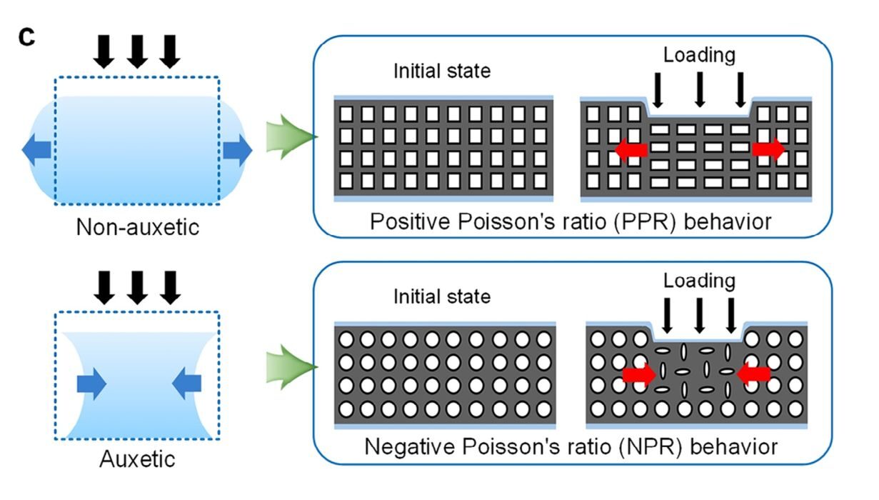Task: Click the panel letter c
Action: [x=26, y=37]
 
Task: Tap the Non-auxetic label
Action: [x=137, y=228]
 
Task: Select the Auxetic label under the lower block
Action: [x=137, y=458]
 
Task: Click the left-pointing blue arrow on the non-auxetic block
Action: [x=37, y=150]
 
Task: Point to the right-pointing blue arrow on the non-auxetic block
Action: [x=238, y=150]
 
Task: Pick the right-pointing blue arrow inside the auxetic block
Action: [x=91, y=385]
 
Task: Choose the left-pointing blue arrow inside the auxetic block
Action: [x=188, y=385]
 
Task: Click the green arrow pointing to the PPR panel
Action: [x=289, y=136]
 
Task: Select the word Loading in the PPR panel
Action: [x=699, y=56]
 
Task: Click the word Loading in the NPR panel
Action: [x=699, y=281]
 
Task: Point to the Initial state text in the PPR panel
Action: [x=442, y=71]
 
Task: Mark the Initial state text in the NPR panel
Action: [x=442, y=296]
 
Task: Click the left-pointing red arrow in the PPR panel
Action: [x=631, y=150]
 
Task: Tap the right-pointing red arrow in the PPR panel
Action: [x=768, y=149]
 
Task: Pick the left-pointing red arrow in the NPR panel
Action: [x=754, y=373]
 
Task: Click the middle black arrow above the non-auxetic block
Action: [x=137, y=51]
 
